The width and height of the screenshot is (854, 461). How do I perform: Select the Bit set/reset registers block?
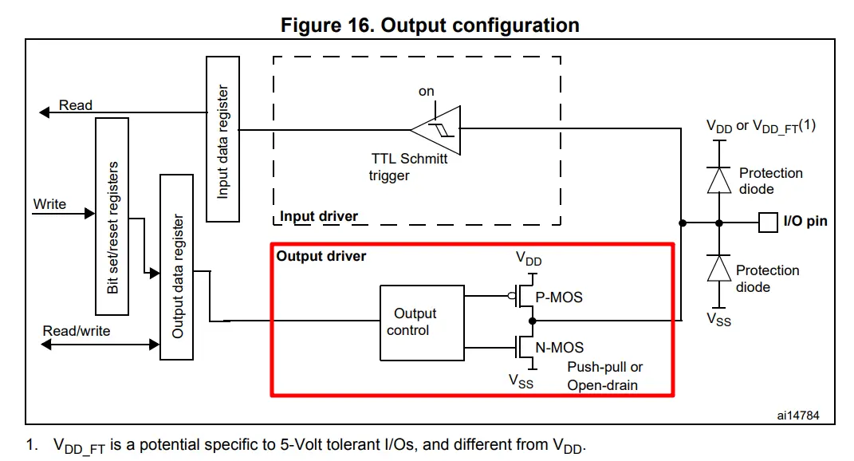tap(112, 217)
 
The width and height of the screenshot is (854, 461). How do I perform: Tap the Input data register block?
tap(223, 140)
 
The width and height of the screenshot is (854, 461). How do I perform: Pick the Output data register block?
tap(177, 266)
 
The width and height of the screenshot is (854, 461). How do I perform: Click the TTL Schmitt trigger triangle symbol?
tap(436, 128)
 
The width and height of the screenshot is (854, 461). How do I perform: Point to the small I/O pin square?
tap(767, 222)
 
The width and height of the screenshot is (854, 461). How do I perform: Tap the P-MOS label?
tap(559, 297)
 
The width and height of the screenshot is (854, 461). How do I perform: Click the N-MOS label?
tap(560, 347)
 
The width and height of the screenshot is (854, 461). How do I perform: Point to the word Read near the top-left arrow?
tap(76, 105)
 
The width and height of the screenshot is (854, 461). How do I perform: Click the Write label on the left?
tap(49, 204)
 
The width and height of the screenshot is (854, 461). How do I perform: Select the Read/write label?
tap(77, 330)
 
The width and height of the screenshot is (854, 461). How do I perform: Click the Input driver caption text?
tap(319, 216)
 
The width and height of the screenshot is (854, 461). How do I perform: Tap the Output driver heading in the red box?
tap(321, 256)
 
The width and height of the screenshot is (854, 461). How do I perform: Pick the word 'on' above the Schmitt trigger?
tap(427, 91)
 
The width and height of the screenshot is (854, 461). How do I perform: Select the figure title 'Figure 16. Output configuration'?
tap(430, 25)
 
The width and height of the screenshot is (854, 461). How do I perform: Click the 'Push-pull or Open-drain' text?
tap(604, 376)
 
